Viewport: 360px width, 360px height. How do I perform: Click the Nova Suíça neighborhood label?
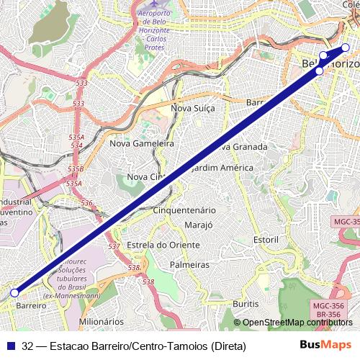192,108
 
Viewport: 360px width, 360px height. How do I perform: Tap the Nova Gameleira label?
143,143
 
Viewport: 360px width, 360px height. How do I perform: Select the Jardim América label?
220,167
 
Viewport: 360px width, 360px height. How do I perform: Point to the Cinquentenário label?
185,210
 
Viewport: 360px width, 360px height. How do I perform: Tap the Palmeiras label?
189,264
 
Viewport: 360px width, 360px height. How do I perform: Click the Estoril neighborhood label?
266,238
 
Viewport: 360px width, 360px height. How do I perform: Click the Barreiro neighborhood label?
30,305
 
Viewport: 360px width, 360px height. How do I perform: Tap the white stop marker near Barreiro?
14,293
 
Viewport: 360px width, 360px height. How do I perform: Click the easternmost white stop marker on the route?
345,48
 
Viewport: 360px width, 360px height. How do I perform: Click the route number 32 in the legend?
28,346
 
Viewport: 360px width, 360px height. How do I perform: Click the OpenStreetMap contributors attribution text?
296,323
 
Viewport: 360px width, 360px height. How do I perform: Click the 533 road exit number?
81,83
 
